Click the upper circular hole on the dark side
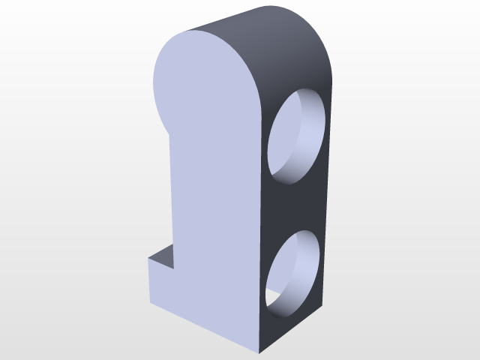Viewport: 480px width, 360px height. click(295, 136)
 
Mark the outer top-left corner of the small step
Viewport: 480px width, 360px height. click(148, 259)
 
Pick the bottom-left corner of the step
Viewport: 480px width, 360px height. click(150, 305)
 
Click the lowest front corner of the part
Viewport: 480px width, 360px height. click(259, 352)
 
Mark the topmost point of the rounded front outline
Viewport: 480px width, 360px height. click(196, 31)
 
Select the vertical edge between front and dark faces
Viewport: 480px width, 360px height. click(260, 225)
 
